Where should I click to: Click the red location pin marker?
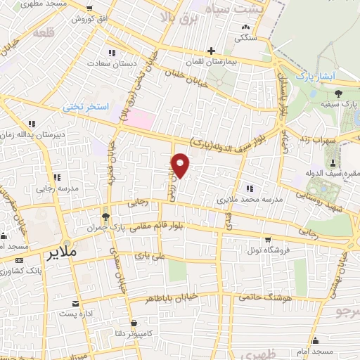pyautogui.click(x=181, y=165)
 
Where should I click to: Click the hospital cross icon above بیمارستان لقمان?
pyautogui.click(x=211, y=51)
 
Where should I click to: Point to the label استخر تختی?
pyautogui.click(x=85, y=107)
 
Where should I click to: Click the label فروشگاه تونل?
pyautogui.click(x=264, y=250)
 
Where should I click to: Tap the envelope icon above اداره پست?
pyautogui.click(x=75, y=304)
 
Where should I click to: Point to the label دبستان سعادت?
pyautogui.click(x=110, y=64)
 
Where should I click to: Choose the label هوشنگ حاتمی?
pyautogui.click(x=265, y=298)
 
